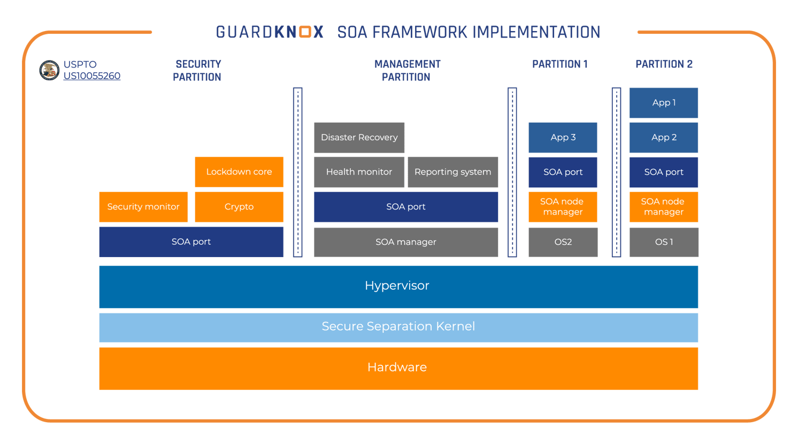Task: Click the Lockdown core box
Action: pyautogui.click(x=239, y=172)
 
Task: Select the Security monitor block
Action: pyautogui.click(x=143, y=207)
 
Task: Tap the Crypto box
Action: pyautogui.click(x=239, y=207)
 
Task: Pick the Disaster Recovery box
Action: pyautogui.click(x=359, y=138)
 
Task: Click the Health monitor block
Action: pyautogui.click(x=359, y=172)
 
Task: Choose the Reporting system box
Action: pyautogui.click(x=452, y=172)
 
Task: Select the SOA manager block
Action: pyautogui.click(x=406, y=242)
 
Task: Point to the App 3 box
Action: pyautogui.click(x=563, y=138)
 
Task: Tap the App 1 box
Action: pyautogui.click(x=664, y=103)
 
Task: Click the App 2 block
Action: pyautogui.click(x=664, y=138)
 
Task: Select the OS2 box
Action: pyautogui.click(x=563, y=242)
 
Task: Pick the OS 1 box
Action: pyautogui.click(x=664, y=242)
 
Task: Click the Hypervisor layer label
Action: pyautogui.click(x=397, y=286)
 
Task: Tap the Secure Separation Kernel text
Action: pyautogui.click(x=398, y=326)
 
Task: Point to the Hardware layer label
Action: pyautogui.click(x=397, y=367)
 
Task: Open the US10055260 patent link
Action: pyautogui.click(x=91, y=76)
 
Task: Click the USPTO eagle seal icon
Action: pyautogui.click(x=49, y=70)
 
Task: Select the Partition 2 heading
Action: pyautogui.click(x=664, y=64)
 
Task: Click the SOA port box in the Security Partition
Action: pyautogui.click(x=191, y=242)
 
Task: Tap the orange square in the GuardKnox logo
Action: pyautogui.click(x=305, y=32)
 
